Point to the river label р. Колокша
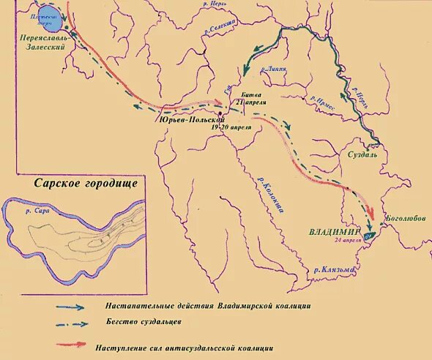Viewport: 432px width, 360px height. pyautogui.click(x=266, y=194)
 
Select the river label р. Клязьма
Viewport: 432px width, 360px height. pyautogui.click(x=334, y=269)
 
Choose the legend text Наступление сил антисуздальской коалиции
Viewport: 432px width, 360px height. pyautogui.click(x=184, y=348)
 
